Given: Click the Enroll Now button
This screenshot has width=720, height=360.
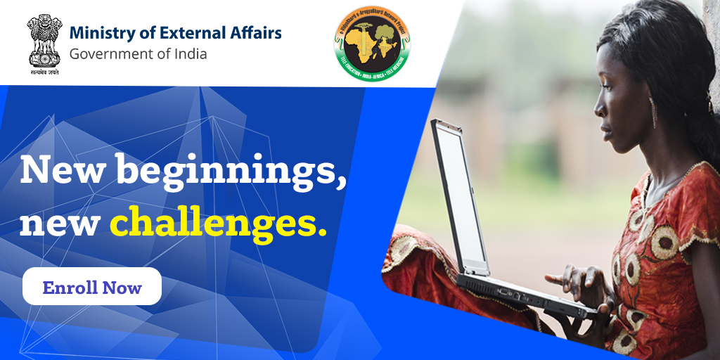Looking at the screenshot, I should click(92, 287).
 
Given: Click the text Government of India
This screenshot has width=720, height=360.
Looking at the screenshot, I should click(138, 53).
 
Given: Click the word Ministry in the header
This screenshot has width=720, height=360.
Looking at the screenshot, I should click(103, 32).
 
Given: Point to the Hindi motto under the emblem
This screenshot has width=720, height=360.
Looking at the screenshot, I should click(44, 72).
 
